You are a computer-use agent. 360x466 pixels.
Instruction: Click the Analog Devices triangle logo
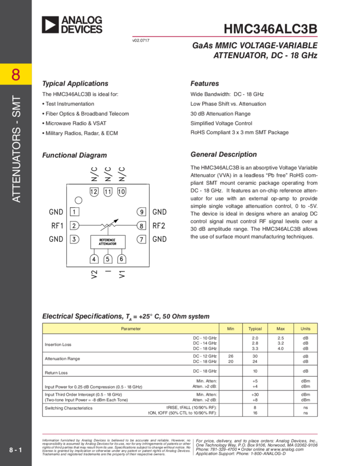[50, 24]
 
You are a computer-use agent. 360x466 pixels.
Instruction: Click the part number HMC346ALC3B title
[270, 29]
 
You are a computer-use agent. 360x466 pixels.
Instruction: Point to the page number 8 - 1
[15, 450]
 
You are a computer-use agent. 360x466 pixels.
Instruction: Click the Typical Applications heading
[75, 84]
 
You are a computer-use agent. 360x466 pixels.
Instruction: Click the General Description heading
[223, 155]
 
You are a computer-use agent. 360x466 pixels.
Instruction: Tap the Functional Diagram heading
[75, 155]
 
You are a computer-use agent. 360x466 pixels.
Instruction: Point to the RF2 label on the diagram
[159, 225]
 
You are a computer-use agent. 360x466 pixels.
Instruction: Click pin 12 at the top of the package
[94, 191]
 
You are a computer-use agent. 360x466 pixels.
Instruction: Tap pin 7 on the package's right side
[141, 239]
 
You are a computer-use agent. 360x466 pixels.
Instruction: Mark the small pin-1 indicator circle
[79, 200]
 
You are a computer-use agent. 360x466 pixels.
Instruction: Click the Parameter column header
[130, 328]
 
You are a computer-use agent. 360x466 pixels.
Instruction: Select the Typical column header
[255, 328]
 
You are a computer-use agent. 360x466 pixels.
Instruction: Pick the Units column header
[305, 328]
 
